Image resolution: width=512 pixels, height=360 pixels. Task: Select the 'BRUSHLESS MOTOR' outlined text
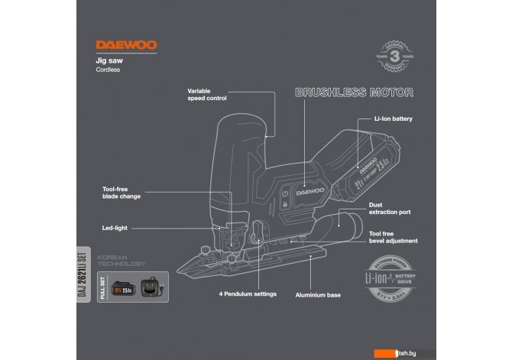point(354,93)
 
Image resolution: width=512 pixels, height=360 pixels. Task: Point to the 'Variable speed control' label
point(206,94)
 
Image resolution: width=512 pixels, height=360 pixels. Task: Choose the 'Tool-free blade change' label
point(122,192)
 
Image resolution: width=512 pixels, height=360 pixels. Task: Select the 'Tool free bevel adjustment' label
point(393,238)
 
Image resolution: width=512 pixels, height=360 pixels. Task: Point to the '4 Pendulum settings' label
point(248,294)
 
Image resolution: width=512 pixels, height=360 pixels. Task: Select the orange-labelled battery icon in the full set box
point(125,290)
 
